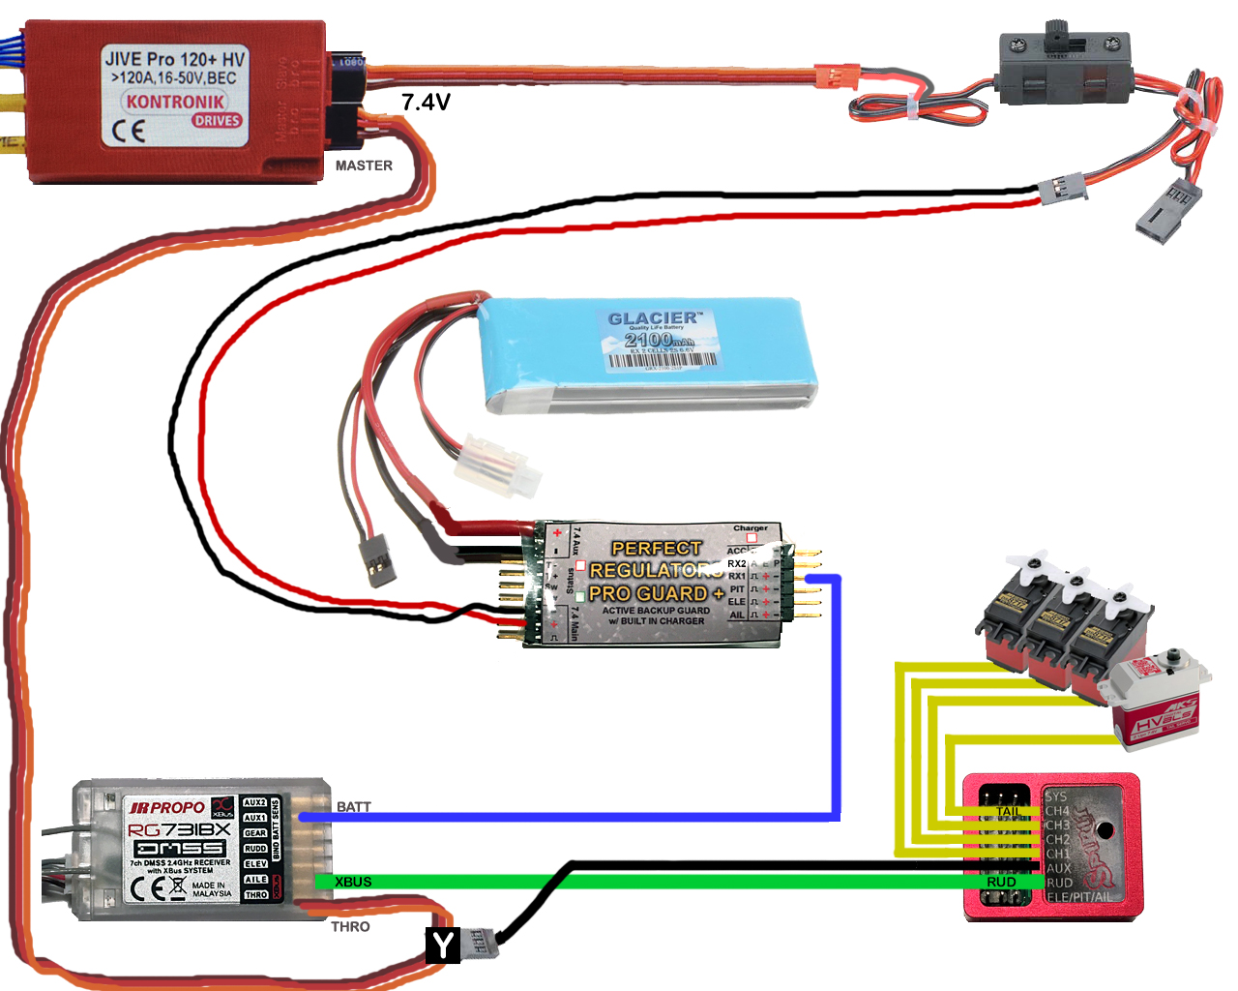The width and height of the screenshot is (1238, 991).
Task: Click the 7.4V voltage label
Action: click(426, 102)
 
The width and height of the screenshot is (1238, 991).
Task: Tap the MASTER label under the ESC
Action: click(364, 165)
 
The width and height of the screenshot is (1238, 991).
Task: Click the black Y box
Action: click(443, 945)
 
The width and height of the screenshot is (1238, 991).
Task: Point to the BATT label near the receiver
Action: click(354, 806)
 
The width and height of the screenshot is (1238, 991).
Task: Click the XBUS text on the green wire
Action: click(353, 882)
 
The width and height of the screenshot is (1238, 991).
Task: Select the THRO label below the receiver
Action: click(350, 926)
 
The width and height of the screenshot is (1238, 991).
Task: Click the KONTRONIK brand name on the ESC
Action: click(175, 102)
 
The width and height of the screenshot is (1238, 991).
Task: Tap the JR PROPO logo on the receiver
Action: click(166, 807)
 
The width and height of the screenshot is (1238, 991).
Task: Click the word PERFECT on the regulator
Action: click(656, 549)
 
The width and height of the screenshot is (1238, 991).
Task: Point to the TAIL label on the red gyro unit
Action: click(1008, 811)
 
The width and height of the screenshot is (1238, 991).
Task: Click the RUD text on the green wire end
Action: click(1001, 882)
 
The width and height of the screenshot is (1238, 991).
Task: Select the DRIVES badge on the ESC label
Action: click(216, 121)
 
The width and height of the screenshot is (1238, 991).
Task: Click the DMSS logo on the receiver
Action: click(179, 848)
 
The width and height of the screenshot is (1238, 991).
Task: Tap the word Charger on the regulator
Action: click(750, 528)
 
